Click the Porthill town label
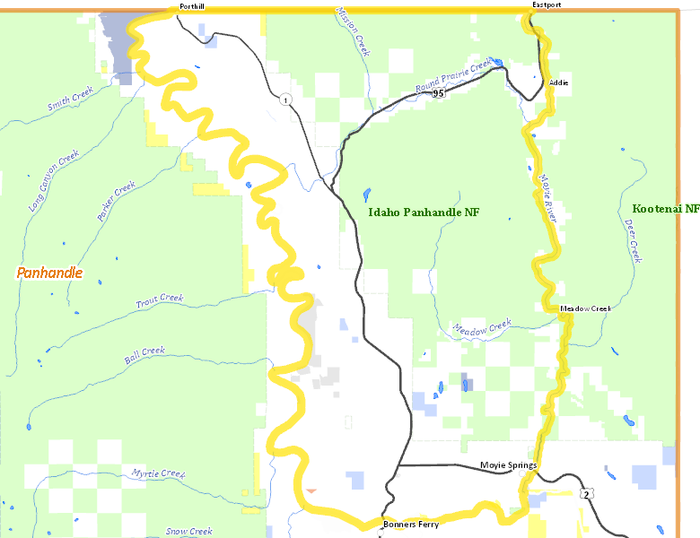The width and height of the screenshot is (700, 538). pyautogui.click(x=191, y=5)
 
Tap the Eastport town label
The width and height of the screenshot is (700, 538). pyautogui.click(x=546, y=4)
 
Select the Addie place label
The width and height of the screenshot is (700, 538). pyautogui.click(x=558, y=82)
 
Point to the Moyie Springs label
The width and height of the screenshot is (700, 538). pyautogui.click(x=508, y=465)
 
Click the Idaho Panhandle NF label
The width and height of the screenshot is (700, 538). pyautogui.click(x=424, y=213)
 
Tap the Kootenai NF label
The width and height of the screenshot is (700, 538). pyautogui.click(x=665, y=208)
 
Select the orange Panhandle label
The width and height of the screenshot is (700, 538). pyautogui.click(x=49, y=273)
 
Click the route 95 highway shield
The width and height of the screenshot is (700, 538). pyautogui.click(x=438, y=92)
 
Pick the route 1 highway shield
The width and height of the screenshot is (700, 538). pyautogui.click(x=284, y=98)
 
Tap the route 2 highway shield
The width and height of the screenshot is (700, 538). pyautogui.click(x=586, y=494)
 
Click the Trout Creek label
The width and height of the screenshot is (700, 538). pyautogui.click(x=160, y=302)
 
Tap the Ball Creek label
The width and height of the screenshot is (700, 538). pyautogui.click(x=144, y=355)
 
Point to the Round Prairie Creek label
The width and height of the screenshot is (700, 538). pyautogui.click(x=454, y=76)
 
